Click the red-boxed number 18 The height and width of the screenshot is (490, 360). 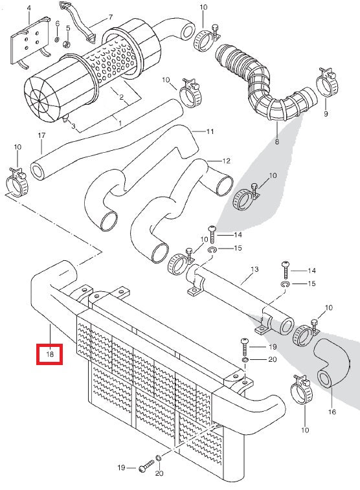point(50,353)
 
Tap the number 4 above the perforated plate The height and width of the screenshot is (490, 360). point(28,10)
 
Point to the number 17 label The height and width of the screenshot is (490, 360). point(41,135)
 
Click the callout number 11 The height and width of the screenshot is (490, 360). point(210,131)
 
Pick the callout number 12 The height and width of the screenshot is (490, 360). point(226,161)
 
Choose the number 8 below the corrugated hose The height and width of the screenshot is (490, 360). point(277,141)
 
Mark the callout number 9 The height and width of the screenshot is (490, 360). point(326,114)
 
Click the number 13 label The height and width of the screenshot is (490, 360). point(254,269)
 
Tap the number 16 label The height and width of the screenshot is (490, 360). point(332,411)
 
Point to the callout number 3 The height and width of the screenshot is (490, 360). point(73,126)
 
